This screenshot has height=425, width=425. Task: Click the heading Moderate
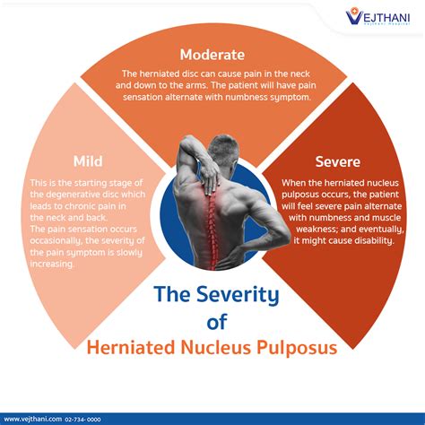click(x=212, y=55)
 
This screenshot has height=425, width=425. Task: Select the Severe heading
click(x=337, y=162)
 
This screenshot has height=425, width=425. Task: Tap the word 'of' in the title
click(x=212, y=321)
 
